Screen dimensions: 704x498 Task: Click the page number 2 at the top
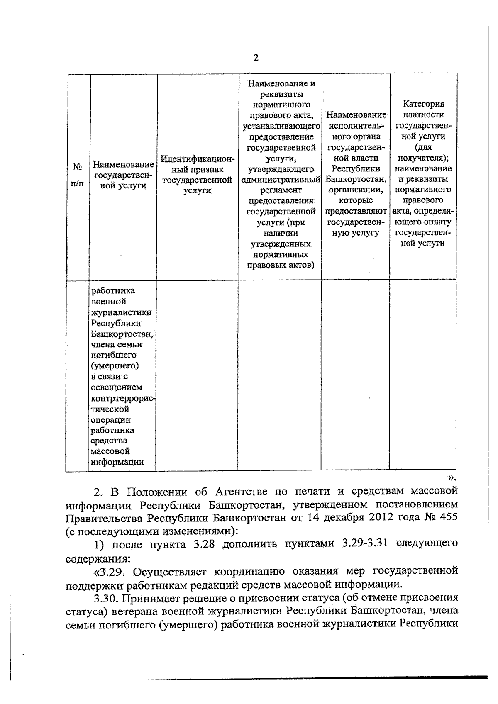pyautogui.click(x=256, y=58)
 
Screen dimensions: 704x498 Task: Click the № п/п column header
pyautogui.click(x=77, y=175)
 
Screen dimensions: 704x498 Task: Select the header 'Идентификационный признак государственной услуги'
pyautogui.click(x=197, y=175)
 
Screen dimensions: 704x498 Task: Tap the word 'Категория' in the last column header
pyautogui.click(x=423, y=104)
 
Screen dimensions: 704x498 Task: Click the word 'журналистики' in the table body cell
pyautogui.click(x=121, y=312)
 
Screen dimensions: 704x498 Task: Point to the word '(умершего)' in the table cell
pyautogui.click(x=115, y=366)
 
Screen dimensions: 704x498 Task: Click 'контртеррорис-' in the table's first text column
pyautogui.click(x=123, y=398)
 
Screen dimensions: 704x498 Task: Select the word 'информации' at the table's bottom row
pyautogui.click(x=117, y=462)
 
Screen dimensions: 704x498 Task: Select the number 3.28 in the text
pyautogui.click(x=204, y=544)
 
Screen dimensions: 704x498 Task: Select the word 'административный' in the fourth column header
pyautogui.click(x=281, y=180)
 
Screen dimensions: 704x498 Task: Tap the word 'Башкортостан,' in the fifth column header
pyautogui.click(x=356, y=179)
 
